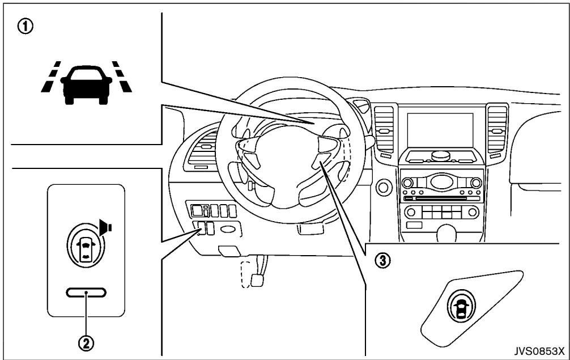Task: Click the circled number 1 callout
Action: (x=25, y=27)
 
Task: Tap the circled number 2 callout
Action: (x=86, y=342)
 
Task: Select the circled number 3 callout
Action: (x=383, y=260)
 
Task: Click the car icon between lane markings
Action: (x=86, y=84)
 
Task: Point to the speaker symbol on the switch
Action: (x=106, y=227)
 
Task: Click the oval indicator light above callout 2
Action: (x=86, y=293)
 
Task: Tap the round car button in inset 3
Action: (x=461, y=306)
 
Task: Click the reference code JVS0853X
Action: (x=539, y=351)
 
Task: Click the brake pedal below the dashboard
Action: (x=257, y=280)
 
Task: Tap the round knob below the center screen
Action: (x=441, y=155)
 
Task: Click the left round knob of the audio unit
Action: (x=407, y=183)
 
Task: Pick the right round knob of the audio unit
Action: (x=476, y=183)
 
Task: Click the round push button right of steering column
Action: (x=383, y=187)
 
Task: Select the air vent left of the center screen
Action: (x=384, y=129)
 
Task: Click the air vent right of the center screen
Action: (x=497, y=129)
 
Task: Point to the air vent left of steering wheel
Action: (x=203, y=149)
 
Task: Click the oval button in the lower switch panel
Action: (x=228, y=229)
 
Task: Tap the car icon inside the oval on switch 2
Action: (x=86, y=246)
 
